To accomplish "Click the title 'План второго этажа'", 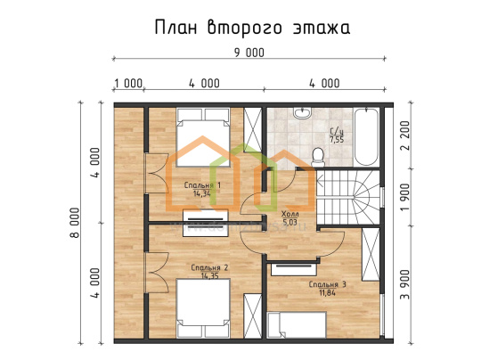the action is click(x=252, y=29).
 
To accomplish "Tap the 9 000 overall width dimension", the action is click(x=249, y=53).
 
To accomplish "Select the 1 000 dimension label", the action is click(x=128, y=84).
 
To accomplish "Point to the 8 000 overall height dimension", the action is click(x=75, y=223).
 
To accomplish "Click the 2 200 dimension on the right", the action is click(x=405, y=135).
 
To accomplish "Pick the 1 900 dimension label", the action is click(x=405, y=197).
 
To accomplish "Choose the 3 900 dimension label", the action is click(x=405, y=284).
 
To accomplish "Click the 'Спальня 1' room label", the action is click(x=202, y=185).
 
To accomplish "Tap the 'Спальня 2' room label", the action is click(x=209, y=268).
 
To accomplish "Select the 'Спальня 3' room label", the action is click(x=327, y=284).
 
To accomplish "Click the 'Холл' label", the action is click(x=289, y=214).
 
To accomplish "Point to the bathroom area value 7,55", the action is click(x=337, y=140).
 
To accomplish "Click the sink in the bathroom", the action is click(x=302, y=112).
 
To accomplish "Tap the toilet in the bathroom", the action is click(x=318, y=156).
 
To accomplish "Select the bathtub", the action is click(x=366, y=136).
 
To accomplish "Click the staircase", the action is click(x=348, y=197).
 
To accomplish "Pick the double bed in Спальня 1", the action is click(x=203, y=137).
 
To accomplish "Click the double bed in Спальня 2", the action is click(x=203, y=308).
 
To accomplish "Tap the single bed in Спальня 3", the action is click(x=297, y=325).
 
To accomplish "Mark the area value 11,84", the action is click(x=327, y=293).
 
